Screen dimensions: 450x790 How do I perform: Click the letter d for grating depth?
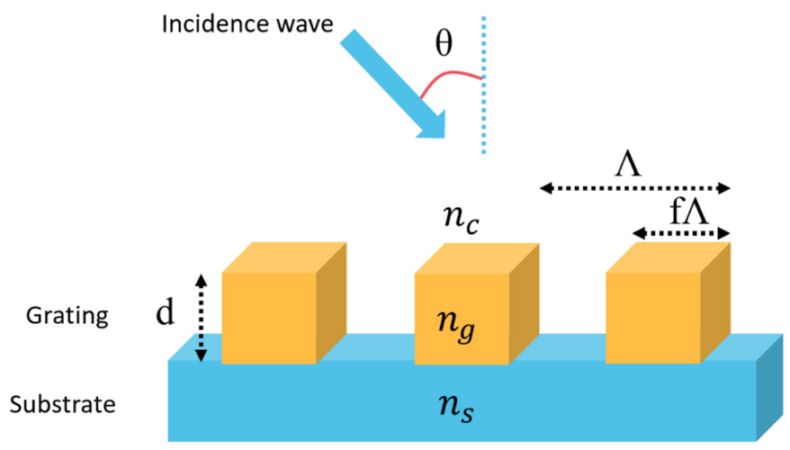(165, 315)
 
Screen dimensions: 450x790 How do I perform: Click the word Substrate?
(70, 405)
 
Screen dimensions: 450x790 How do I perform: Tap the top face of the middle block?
(476, 258)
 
